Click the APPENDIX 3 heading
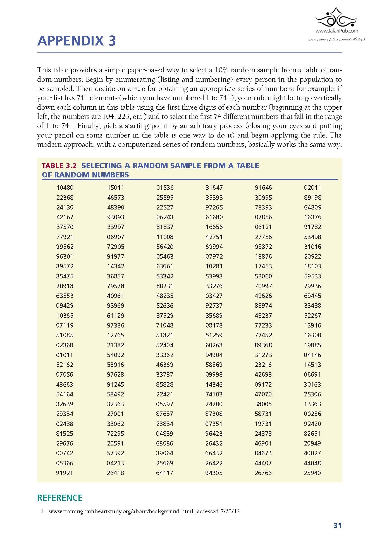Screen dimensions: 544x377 [x=77, y=41]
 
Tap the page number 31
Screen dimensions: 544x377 [x=337, y=526]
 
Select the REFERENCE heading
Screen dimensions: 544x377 [x=60, y=498]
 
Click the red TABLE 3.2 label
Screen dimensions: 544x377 [x=59, y=166]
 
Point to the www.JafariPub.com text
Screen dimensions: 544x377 [x=337, y=31]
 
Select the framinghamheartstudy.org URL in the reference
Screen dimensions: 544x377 [x=121, y=511]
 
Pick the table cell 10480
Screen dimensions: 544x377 [x=65, y=188]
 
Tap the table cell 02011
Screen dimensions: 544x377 [x=312, y=188]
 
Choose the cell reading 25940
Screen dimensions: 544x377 [x=312, y=473]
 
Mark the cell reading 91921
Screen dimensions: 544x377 [x=65, y=473]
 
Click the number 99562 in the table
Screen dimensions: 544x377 [x=65, y=247]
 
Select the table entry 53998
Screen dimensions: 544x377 [x=214, y=276]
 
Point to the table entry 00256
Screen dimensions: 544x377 [x=312, y=414]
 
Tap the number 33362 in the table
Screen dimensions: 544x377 [x=165, y=355]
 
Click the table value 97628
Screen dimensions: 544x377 [x=116, y=374]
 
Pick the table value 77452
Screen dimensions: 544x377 [x=263, y=335]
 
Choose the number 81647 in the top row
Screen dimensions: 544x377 [x=214, y=188]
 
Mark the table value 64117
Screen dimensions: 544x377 [x=165, y=473]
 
